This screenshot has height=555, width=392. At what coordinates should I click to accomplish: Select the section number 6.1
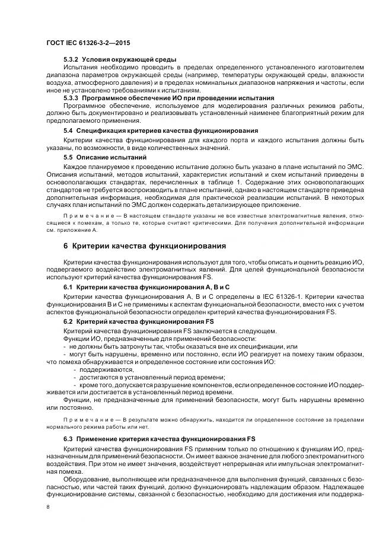(x=68, y=288)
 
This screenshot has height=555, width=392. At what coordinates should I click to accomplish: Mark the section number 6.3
(x=68, y=438)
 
